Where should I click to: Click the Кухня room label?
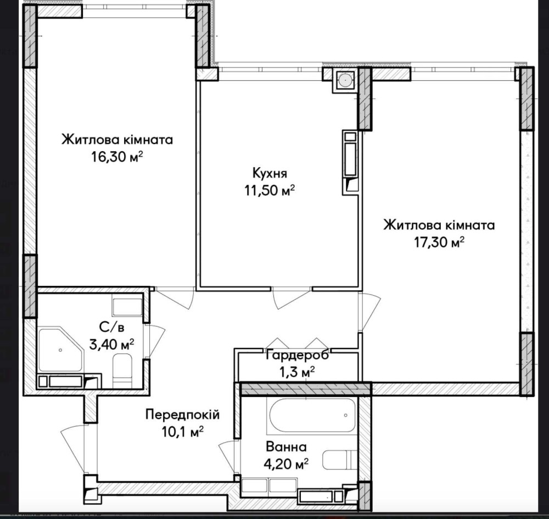(270, 173)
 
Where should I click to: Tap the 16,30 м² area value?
(117, 157)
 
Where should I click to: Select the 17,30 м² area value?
(439, 242)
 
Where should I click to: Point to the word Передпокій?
(182, 415)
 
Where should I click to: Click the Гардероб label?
(298, 355)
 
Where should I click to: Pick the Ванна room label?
(286, 447)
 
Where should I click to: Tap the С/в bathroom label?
(111, 328)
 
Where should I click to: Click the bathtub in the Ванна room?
(311, 416)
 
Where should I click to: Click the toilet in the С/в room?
(122, 371)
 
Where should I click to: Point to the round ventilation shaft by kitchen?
(345, 81)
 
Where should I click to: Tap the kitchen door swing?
(292, 299)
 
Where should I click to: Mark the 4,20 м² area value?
(286, 464)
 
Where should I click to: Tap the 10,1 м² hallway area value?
(182, 432)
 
